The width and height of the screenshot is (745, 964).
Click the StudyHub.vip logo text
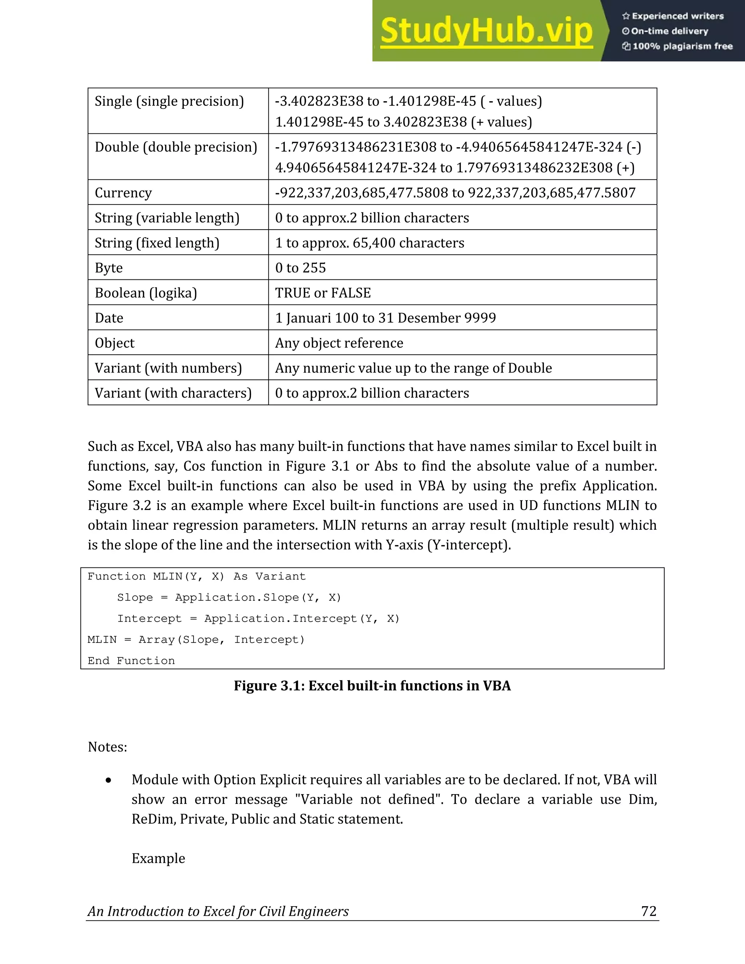coord(486,31)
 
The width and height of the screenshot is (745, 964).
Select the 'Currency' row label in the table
coord(123,193)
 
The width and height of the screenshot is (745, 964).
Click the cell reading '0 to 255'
coord(300,268)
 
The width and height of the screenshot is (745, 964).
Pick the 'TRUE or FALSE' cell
coord(323,293)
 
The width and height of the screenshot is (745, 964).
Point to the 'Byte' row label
coord(108,268)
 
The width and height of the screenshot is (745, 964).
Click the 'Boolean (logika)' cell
coord(146,293)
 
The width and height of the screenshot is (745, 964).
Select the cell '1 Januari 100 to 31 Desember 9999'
coord(385,318)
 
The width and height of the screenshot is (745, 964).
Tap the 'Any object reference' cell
coord(339,343)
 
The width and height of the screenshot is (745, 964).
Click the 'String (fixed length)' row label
coord(157,243)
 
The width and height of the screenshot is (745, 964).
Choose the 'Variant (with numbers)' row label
coord(168,368)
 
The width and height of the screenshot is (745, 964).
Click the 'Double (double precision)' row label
coord(176,147)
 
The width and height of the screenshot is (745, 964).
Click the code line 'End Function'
coord(131,661)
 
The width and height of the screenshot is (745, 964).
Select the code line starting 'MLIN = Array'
coord(196,640)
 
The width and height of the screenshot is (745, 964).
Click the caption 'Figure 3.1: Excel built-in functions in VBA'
coord(372,685)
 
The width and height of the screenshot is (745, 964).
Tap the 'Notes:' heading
coord(107,747)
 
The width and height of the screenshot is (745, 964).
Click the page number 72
coord(648,911)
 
